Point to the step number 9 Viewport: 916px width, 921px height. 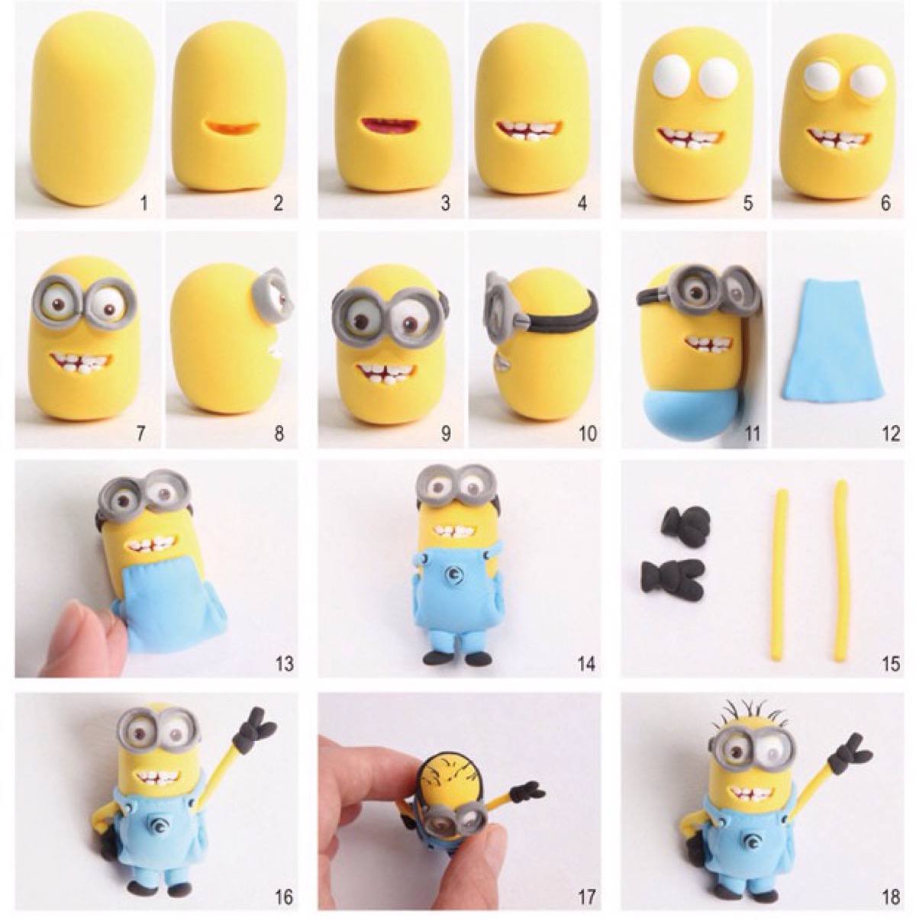[446, 433]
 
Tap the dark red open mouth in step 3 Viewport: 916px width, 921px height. [390, 128]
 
